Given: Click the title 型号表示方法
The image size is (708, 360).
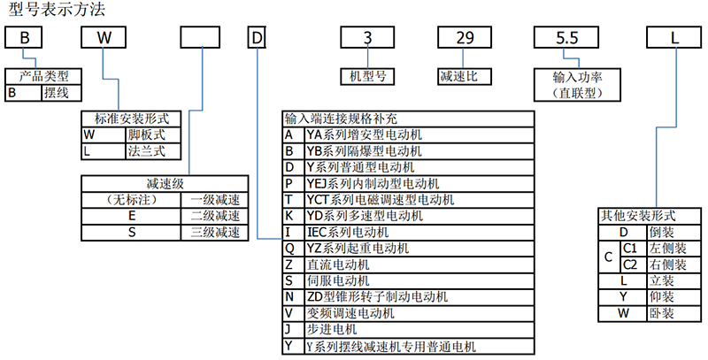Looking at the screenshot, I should click(x=50, y=11).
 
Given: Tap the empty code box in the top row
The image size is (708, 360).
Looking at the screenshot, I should click(x=200, y=39).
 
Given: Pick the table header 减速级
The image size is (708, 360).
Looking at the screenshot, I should click(x=164, y=183).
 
